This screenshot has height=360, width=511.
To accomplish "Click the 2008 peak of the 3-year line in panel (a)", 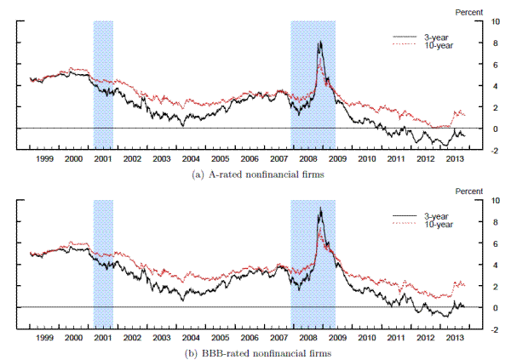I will pyautogui.click(x=319, y=42).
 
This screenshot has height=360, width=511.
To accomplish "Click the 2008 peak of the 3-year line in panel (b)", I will pyautogui.click(x=319, y=208).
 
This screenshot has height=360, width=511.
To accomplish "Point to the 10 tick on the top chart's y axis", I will pyautogui.click(x=483, y=21).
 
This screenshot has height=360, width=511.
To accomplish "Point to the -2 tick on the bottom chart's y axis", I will pyautogui.click(x=483, y=329).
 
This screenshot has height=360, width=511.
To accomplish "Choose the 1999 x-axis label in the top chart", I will pyautogui.click(x=43, y=158).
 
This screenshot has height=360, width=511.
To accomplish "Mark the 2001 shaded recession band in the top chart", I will pyautogui.click(x=102, y=85).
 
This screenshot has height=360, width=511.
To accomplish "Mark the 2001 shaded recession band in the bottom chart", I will pyautogui.click(x=102, y=264).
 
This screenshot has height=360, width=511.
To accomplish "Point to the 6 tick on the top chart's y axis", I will pyautogui.click(x=483, y=64).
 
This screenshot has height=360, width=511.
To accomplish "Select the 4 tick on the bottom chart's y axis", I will pyautogui.click(x=483, y=265).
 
